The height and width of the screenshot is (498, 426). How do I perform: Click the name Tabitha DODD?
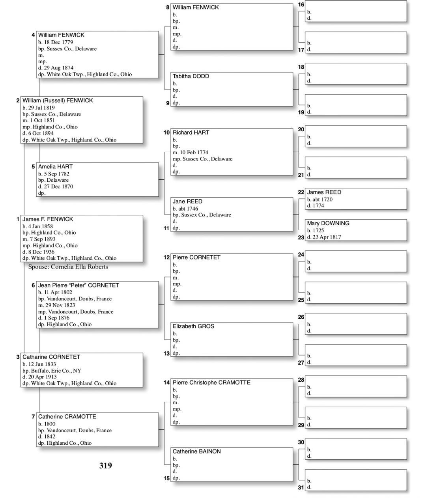[x=191, y=76]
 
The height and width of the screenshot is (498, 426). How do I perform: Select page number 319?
[x=106, y=466]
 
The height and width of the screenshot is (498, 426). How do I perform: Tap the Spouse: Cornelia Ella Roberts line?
[x=68, y=267]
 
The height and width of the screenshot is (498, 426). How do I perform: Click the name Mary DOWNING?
[x=328, y=223]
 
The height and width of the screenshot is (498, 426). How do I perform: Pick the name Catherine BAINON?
[x=196, y=451]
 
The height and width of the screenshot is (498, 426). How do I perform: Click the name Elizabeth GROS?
[x=193, y=326]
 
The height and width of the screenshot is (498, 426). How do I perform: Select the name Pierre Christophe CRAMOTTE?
[x=211, y=382]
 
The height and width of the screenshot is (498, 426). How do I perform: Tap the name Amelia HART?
[x=55, y=167]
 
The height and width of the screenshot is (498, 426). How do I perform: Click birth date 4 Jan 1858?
[x=40, y=226]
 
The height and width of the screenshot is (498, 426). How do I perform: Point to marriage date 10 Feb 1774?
[x=193, y=153]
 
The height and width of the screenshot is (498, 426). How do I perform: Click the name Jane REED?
[x=187, y=201]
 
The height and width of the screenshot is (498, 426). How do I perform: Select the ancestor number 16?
[x=301, y=5]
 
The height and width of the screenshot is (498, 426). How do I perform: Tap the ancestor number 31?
[x=301, y=488]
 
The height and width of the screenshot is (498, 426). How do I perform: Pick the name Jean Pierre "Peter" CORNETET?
[x=78, y=285]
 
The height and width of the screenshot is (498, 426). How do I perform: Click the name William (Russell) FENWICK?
[x=58, y=101]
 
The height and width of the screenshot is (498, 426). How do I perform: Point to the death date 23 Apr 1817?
[x=327, y=237]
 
